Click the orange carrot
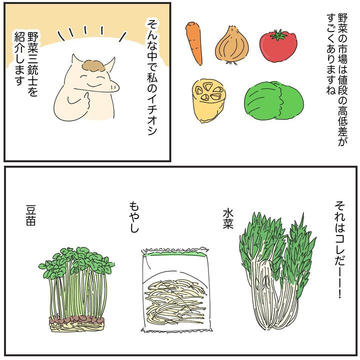(194, 42)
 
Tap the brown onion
(232, 45)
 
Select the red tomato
(278, 46)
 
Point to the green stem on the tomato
(278, 35)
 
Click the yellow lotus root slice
(208, 100)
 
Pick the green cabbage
(274, 100)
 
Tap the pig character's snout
(113, 86)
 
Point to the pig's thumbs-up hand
(80, 101)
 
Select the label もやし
(134, 217)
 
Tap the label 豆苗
(31, 215)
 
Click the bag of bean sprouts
(176, 290)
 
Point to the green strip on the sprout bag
(175, 254)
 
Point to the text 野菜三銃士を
(32, 64)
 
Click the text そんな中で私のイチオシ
(152, 77)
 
